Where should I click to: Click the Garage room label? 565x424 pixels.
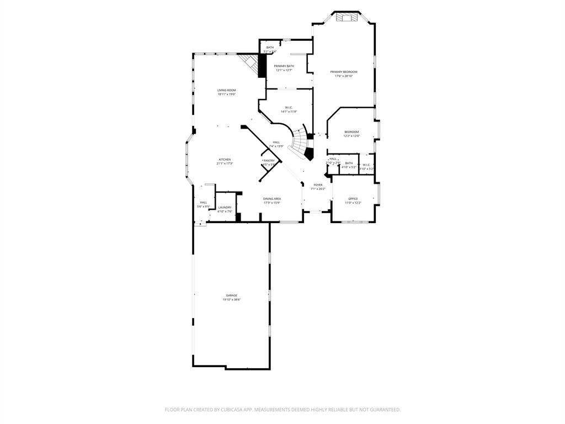pos(232,295)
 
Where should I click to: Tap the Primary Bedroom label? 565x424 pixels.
pos(344,72)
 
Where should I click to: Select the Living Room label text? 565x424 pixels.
pos(226,90)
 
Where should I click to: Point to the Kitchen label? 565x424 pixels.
pos(225,160)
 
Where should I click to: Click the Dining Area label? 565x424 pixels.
pos(272,199)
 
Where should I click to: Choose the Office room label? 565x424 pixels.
pos(353,199)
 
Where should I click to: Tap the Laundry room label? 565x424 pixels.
pos(225,208)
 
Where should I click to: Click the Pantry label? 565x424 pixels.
pos(269,161)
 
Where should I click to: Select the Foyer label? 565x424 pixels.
pos(318,185)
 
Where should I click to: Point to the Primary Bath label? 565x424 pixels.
pos(284,66)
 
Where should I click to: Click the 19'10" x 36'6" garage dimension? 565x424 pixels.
pos(232,300)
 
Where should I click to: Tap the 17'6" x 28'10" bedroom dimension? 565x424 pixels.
pos(344,76)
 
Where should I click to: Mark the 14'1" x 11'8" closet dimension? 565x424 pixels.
pos(289,112)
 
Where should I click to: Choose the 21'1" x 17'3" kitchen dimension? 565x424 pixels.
pos(225,164)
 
